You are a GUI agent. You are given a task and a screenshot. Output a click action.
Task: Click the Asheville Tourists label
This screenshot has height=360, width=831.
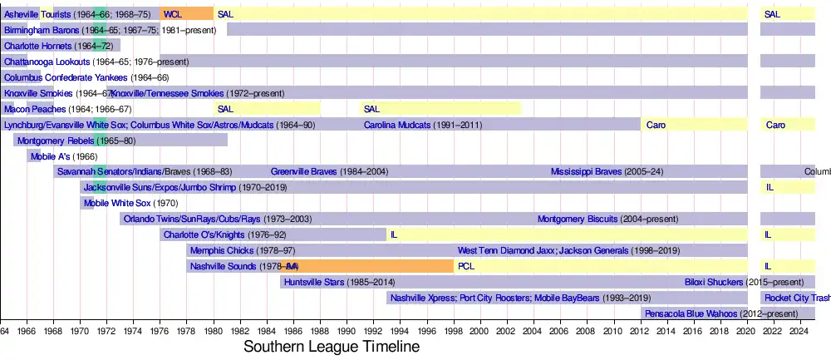point(37,14)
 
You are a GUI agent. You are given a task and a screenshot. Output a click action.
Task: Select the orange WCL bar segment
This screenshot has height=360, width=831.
point(186,14)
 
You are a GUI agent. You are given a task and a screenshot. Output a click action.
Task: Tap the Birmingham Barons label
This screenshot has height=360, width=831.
point(42,30)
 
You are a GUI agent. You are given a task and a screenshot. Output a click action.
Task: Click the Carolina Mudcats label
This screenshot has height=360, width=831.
point(397,125)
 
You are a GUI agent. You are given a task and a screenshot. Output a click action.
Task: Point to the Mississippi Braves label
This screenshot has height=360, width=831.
point(586,172)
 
